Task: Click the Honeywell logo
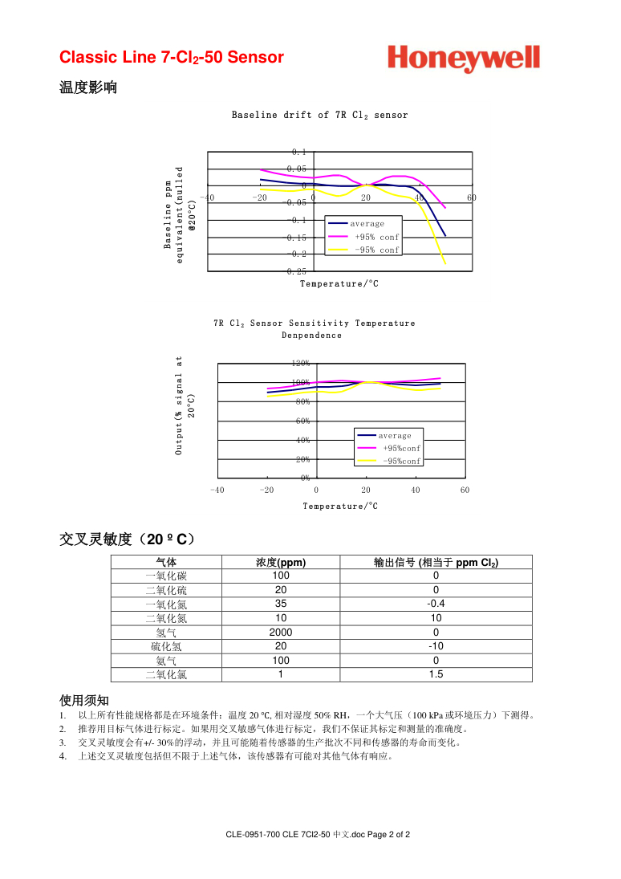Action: pyautogui.click(x=464, y=59)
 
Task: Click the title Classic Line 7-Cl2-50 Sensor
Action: pyautogui.click(x=172, y=58)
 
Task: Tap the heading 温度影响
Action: pyautogui.click(x=88, y=87)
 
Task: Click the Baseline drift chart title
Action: pyautogui.click(x=319, y=115)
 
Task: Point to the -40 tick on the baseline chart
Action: pyautogui.click(x=207, y=197)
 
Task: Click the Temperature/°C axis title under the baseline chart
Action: pyautogui.click(x=339, y=283)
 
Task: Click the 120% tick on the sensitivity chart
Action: pyautogui.click(x=301, y=364)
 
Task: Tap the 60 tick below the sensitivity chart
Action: pyautogui.click(x=465, y=490)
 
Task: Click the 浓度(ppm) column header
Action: pyautogui.click(x=281, y=563)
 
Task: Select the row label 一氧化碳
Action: pyautogui.click(x=166, y=576)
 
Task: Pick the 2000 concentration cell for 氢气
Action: pyautogui.click(x=281, y=633)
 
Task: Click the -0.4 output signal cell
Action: pyautogui.click(x=436, y=604)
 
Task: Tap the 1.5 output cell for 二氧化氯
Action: pyautogui.click(x=436, y=675)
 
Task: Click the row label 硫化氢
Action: pyautogui.click(x=166, y=647)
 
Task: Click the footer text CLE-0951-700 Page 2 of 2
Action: pyautogui.click(x=319, y=835)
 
